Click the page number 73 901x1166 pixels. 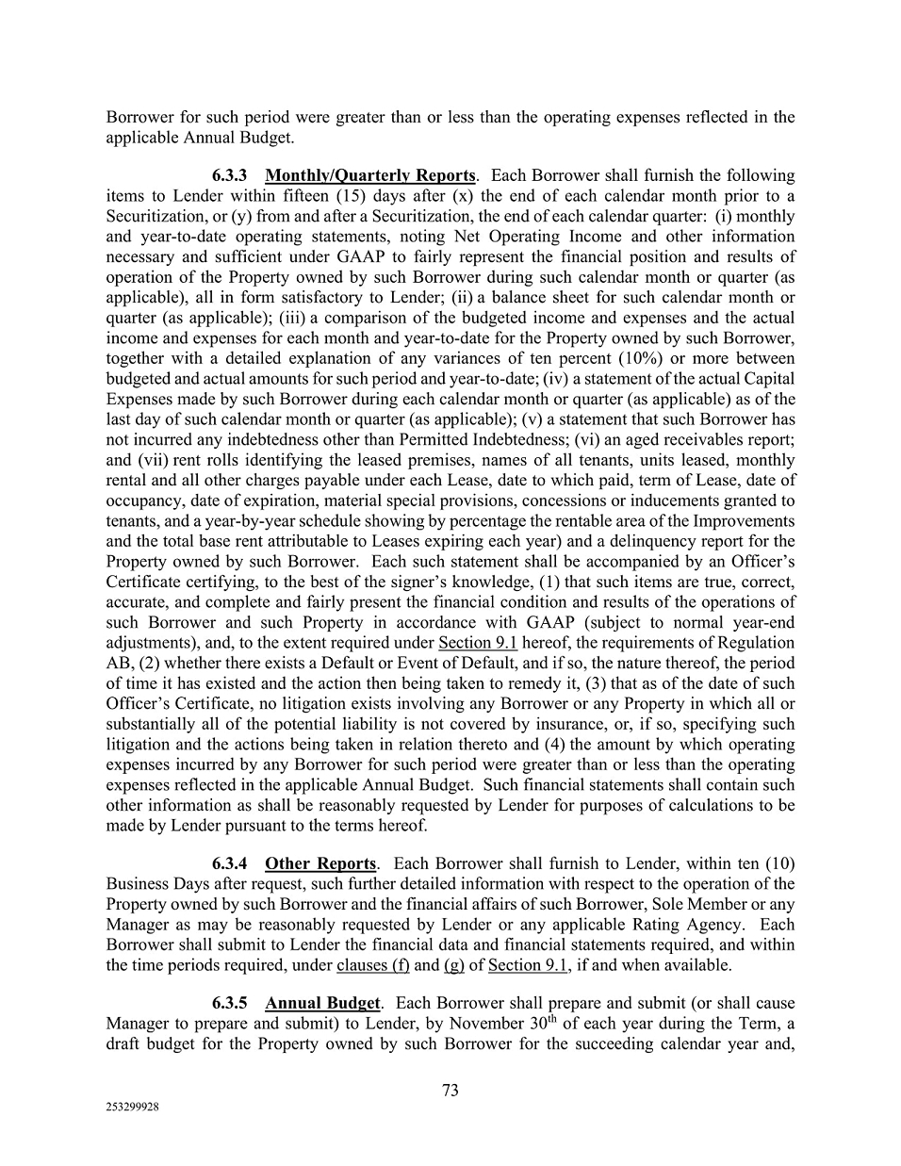[450, 1090]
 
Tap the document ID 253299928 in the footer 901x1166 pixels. [133, 1109]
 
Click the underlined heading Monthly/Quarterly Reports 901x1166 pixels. [370, 175]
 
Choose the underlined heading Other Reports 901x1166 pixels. [320, 863]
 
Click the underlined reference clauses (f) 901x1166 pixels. [372, 964]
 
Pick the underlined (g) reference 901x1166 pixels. [453, 964]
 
